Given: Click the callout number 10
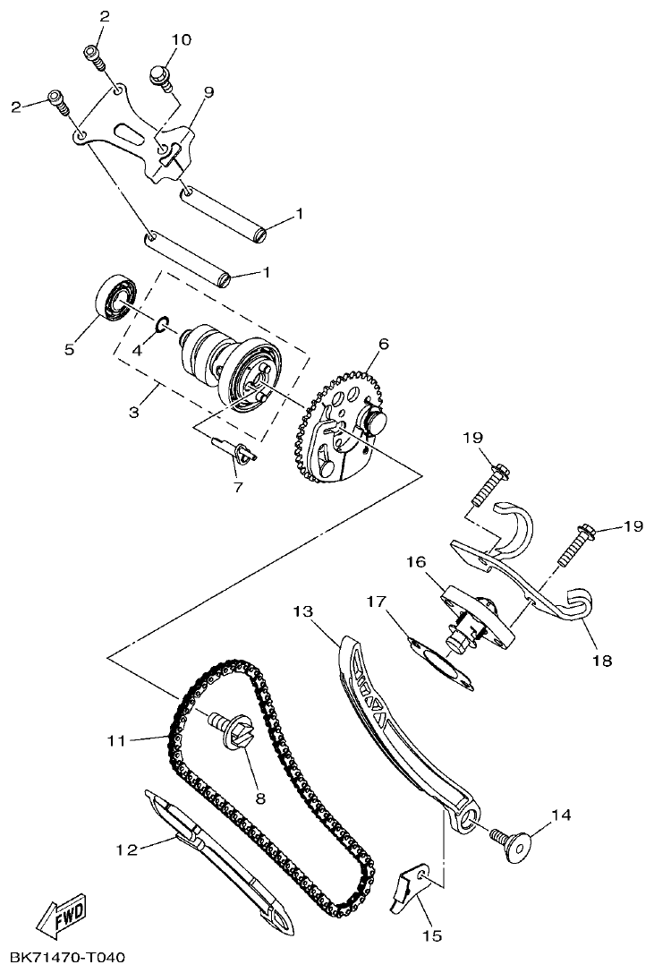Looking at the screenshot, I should tap(181, 40).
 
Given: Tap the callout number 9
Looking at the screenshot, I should tap(208, 91).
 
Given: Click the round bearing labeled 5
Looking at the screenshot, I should tap(116, 298).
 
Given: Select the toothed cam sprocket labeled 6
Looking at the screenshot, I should tap(340, 429).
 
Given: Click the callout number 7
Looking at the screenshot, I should tap(238, 486).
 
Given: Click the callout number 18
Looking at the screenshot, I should tap(601, 661).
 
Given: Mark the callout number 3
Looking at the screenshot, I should tap(134, 413).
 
